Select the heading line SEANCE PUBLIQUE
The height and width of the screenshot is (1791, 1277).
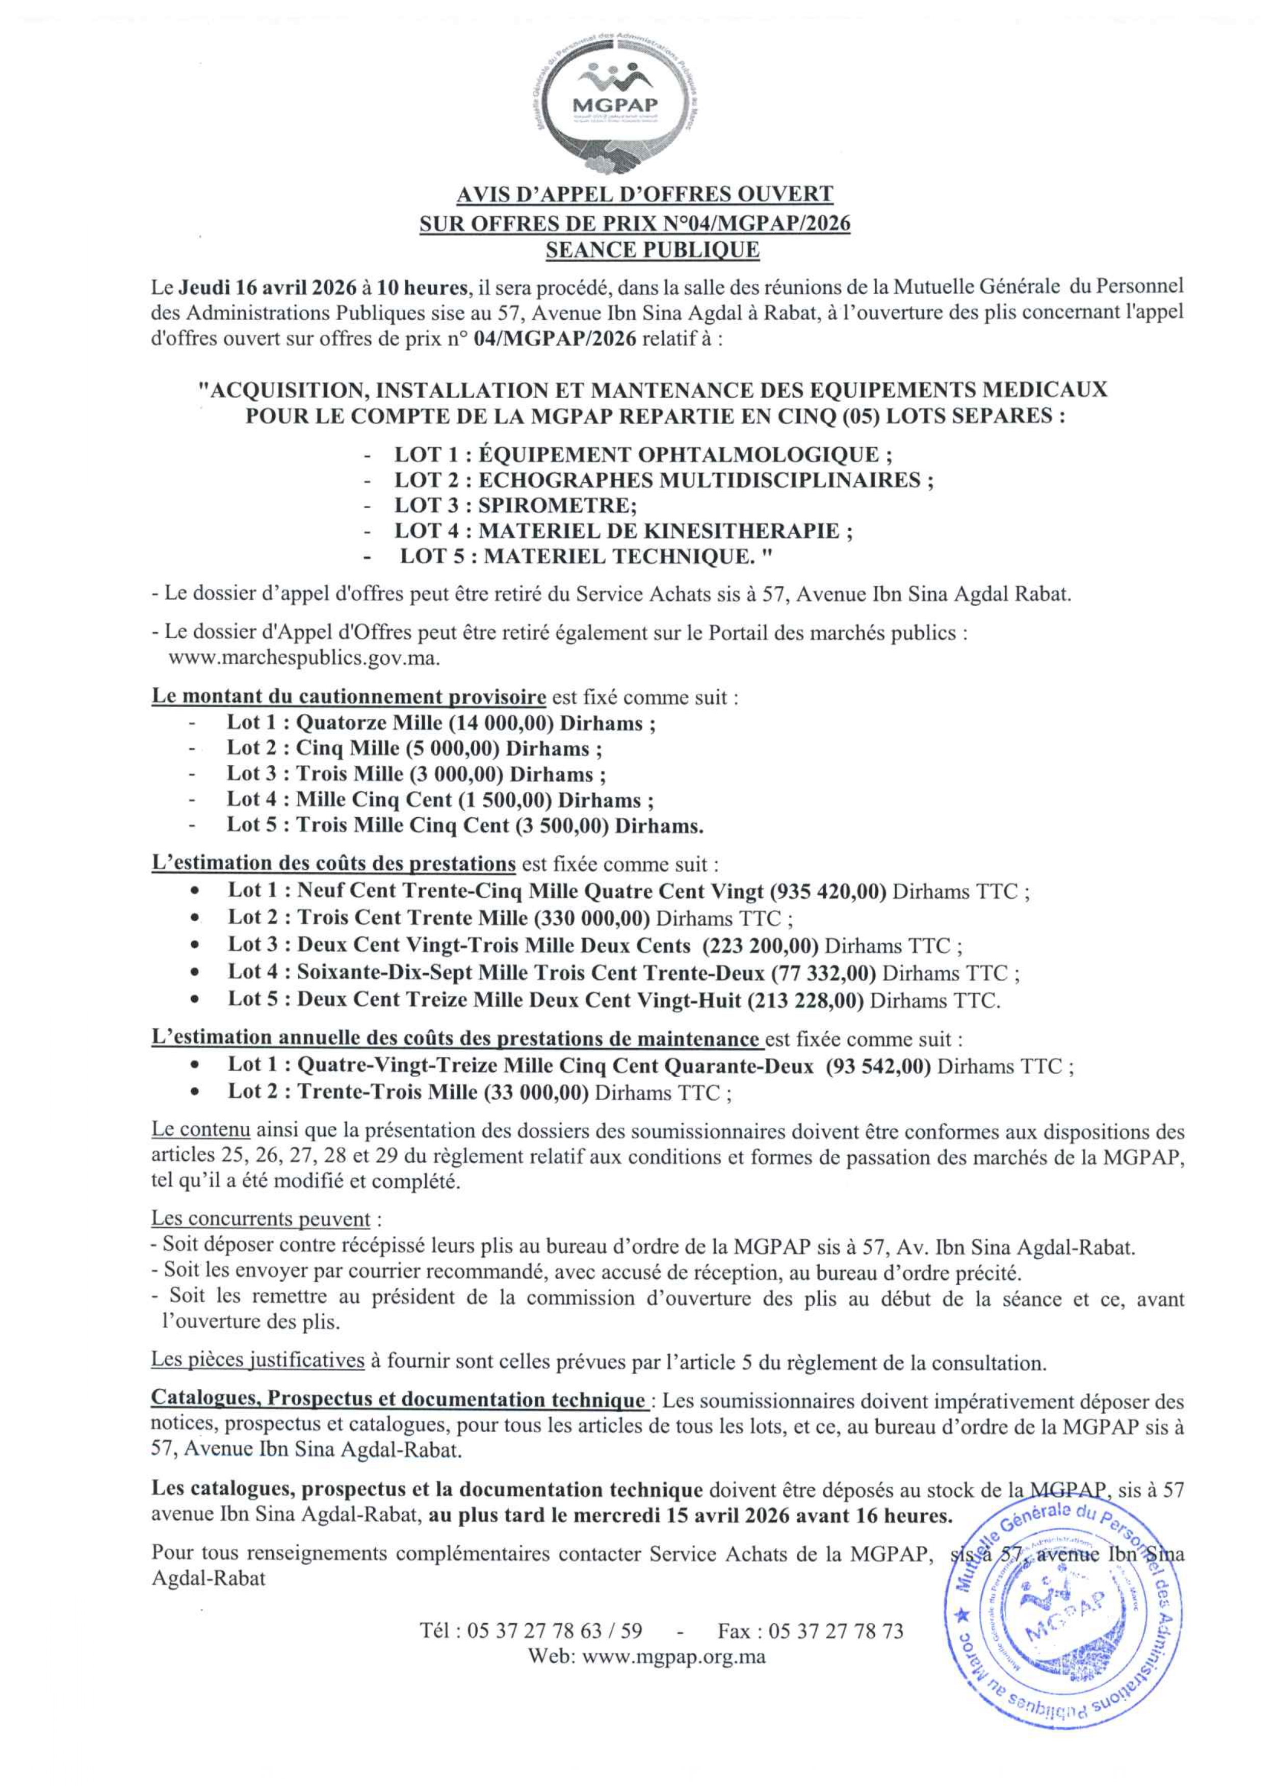pos(653,250)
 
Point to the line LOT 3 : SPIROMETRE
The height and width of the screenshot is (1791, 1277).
pos(515,505)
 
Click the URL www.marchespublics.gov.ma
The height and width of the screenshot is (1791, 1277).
pos(303,657)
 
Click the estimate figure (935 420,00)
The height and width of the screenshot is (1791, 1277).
pos(828,892)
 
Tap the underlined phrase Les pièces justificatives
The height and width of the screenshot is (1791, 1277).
pos(258,1360)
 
